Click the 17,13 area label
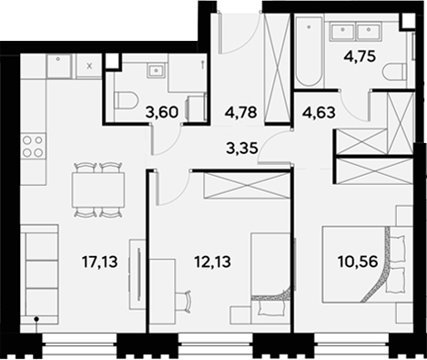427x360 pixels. [99, 262]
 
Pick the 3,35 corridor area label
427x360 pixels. [241, 144]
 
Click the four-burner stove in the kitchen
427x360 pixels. [32, 146]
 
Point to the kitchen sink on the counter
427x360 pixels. [60, 66]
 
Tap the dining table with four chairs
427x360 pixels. [97, 190]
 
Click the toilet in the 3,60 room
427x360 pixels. [126, 100]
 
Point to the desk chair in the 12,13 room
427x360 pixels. [186, 299]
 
